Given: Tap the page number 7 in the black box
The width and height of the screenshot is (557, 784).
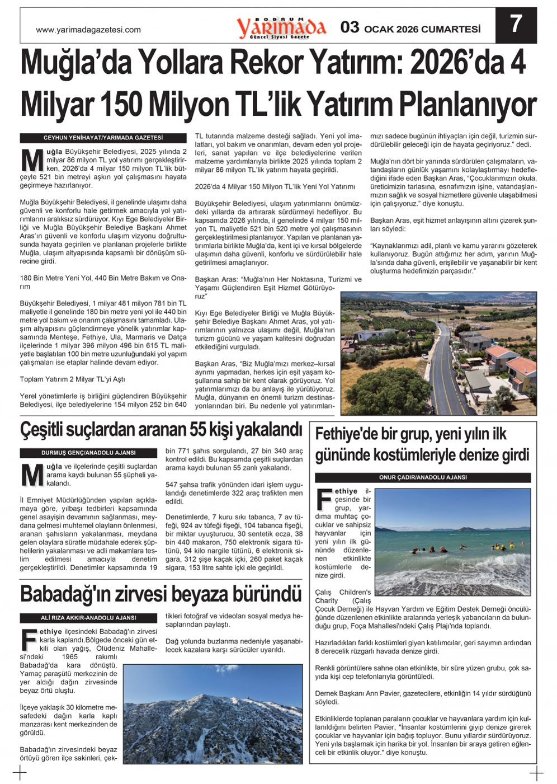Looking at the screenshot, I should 516,25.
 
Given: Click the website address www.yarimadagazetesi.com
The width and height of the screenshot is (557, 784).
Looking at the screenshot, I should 88,30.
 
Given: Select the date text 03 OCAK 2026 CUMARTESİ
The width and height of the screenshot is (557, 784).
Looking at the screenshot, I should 411,28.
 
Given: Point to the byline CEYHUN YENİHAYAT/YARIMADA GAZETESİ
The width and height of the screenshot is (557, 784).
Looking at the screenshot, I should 103,138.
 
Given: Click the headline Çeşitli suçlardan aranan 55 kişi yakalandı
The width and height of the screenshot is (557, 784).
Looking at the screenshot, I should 161,430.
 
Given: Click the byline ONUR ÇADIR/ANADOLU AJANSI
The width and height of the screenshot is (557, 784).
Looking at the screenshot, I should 423,477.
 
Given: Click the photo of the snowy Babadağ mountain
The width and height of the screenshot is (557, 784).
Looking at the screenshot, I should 213,713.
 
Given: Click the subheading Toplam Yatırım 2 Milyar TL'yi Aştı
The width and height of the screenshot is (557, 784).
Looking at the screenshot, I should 73,379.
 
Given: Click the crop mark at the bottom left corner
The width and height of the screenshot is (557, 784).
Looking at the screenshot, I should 20,773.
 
